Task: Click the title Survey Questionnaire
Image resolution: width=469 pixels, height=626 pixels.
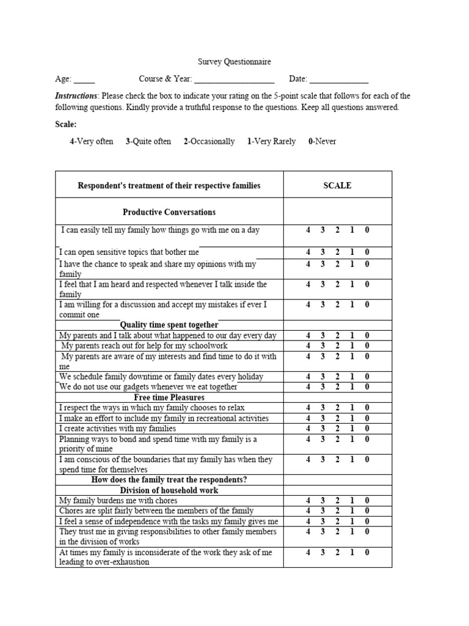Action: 234,62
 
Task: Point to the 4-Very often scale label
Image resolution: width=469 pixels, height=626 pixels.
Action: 92,141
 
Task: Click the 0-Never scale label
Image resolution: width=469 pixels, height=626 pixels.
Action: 322,141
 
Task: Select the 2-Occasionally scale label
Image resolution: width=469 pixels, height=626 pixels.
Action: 209,141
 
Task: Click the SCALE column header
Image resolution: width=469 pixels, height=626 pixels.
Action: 337,185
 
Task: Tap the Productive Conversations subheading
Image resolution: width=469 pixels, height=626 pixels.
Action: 169,212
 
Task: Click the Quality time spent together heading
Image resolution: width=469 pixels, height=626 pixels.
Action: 169,325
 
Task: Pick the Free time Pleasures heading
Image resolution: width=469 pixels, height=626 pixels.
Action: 169,397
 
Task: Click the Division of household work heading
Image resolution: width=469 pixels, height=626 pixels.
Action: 169,490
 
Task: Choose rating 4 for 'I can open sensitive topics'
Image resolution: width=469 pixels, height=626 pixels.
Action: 308,252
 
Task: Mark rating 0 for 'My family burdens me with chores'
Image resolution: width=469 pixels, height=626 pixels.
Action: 367,501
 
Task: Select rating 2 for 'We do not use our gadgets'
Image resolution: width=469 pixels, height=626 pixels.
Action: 337,387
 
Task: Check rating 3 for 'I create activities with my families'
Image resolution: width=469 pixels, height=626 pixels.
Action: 322,429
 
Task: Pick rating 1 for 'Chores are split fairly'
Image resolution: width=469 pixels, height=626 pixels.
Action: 352,511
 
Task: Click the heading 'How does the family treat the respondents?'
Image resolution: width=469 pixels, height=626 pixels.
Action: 169,480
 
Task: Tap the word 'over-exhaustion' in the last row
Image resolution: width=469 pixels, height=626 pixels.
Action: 120,562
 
